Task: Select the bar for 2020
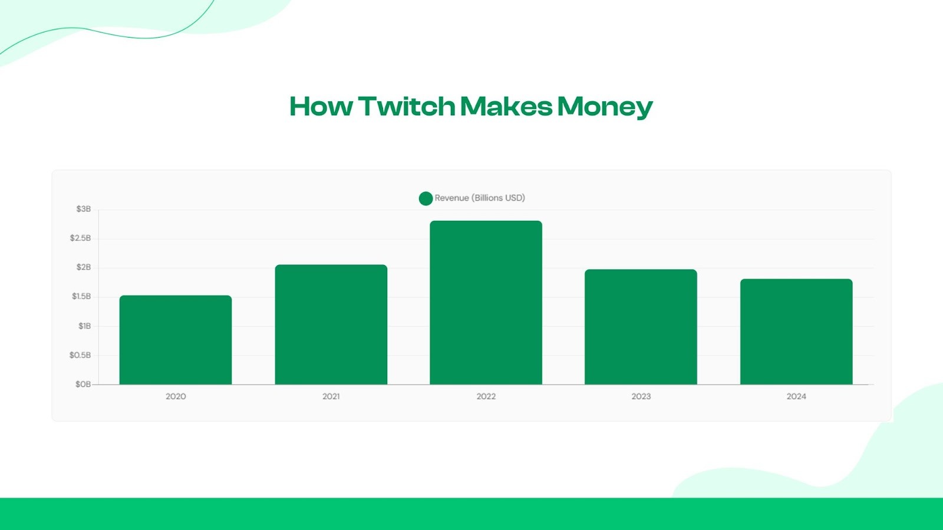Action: click(x=176, y=340)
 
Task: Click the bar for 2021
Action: click(x=331, y=325)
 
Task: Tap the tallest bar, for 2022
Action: click(x=486, y=303)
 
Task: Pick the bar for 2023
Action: click(x=641, y=327)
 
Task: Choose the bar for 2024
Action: click(x=796, y=332)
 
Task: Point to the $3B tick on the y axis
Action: click(x=84, y=209)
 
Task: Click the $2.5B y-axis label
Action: click(x=81, y=238)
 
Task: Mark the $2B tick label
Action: click(x=84, y=267)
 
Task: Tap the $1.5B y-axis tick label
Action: click(x=81, y=296)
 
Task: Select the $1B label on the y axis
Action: click(x=85, y=326)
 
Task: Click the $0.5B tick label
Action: click(x=80, y=355)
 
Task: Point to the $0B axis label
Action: click(x=83, y=384)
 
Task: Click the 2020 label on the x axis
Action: click(x=176, y=396)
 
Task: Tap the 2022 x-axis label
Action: click(x=486, y=396)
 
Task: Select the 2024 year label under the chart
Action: click(x=796, y=396)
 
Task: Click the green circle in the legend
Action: click(x=426, y=198)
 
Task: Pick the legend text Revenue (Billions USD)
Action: click(x=480, y=198)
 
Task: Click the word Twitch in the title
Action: click(x=407, y=107)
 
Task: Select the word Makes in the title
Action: click(x=506, y=107)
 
